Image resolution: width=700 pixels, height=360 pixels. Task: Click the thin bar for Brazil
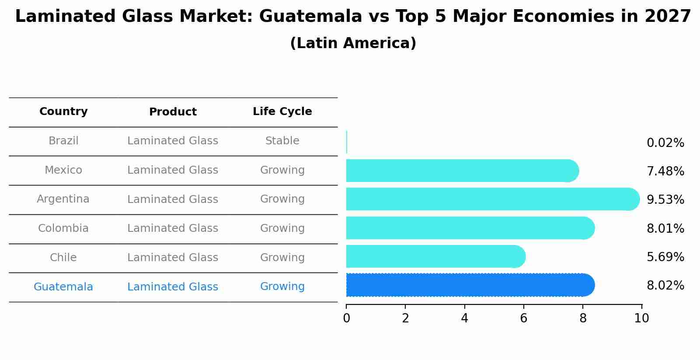point(347,142)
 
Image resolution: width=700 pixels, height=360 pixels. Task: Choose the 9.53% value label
point(665,200)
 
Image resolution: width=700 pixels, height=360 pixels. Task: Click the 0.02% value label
point(665,143)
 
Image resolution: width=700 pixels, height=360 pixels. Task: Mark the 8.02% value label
point(665,286)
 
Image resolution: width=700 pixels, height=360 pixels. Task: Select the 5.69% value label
point(665,257)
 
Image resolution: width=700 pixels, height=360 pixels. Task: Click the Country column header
point(63,112)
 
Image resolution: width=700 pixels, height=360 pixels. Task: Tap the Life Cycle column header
point(282,112)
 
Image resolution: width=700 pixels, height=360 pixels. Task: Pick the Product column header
point(173,112)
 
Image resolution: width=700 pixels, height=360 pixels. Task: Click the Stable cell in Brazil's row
point(282,141)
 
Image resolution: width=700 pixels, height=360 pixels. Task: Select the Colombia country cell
point(63,228)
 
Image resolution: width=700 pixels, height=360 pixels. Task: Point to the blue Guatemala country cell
point(63,287)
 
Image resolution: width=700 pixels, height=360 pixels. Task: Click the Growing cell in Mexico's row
point(282,170)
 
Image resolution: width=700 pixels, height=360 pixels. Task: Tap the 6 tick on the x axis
point(523,318)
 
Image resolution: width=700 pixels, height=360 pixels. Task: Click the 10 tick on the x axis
point(641,318)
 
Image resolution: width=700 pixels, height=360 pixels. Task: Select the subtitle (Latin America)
point(353,43)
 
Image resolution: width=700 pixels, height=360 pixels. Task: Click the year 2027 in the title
point(668,17)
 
